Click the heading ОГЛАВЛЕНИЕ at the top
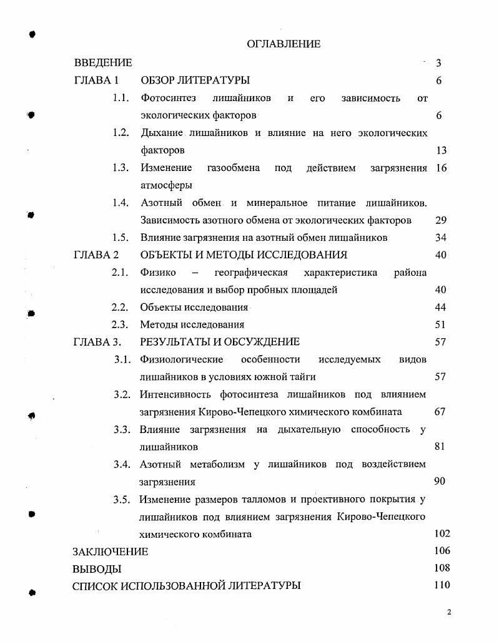point(284,44)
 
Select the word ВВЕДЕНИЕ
point(103,62)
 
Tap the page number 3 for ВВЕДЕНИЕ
point(439,63)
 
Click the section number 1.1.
point(121,98)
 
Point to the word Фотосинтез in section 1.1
point(168,98)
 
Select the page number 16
point(441,168)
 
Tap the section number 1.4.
point(121,203)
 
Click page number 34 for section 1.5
point(440,238)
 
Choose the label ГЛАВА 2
point(96,255)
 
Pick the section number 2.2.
point(120,307)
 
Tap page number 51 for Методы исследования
point(440,324)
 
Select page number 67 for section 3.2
point(440,412)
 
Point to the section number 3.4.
point(122,464)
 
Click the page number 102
point(442,533)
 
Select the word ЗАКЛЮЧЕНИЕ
point(111,552)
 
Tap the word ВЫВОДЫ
point(97,569)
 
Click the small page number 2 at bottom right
point(449,612)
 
